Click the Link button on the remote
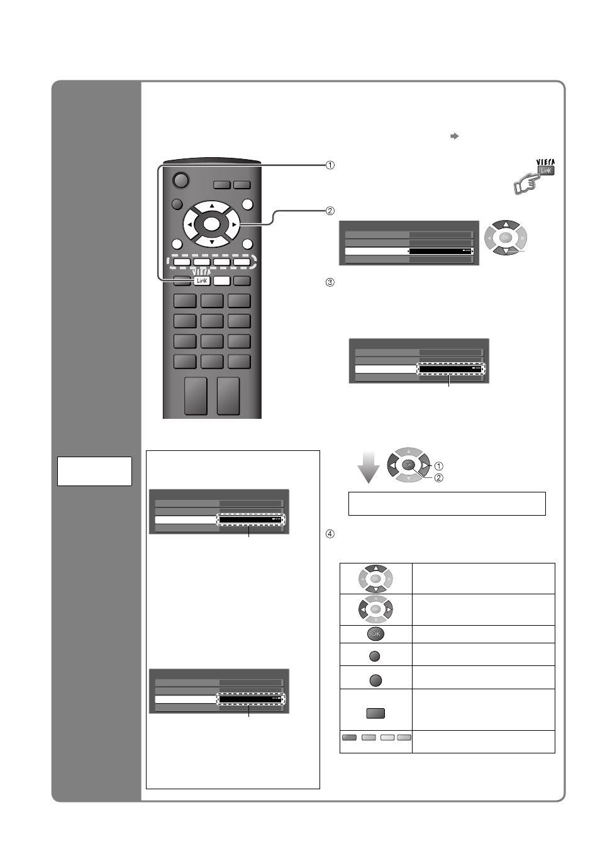click(x=202, y=281)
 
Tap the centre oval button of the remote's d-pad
click(x=211, y=224)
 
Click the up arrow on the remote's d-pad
click(x=212, y=206)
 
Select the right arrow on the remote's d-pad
click(x=234, y=225)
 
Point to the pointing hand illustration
click(x=526, y=184)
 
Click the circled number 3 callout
click(x=330, y=282)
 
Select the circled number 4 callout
click(x=330, y=534)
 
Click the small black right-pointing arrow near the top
click(x=455, y=136)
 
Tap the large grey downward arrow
click(x=369, y=467)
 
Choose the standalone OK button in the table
click(x=375, y=634)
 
